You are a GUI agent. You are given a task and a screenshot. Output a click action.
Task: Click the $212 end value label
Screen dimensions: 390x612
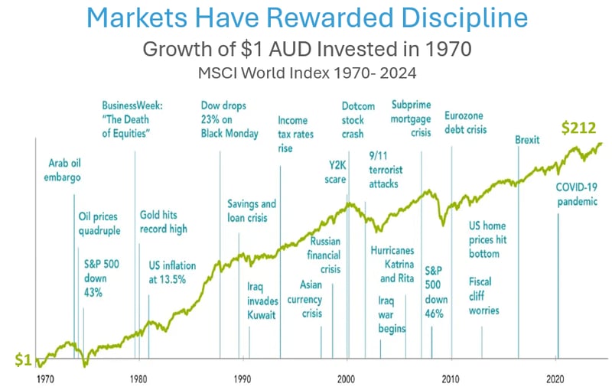[x=578, y=128]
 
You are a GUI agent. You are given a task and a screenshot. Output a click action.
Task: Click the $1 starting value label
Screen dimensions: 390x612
[x=24, y=359]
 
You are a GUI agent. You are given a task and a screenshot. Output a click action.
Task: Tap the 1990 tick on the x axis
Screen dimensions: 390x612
[x=243, y=379]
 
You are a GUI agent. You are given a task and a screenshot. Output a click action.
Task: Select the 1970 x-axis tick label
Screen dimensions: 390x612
[x=45, y=379]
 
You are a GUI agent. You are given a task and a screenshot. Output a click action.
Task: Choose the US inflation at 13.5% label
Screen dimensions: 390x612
[x=171, y=272]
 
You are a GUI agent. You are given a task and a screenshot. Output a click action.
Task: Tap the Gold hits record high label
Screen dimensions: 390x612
[x=163, y=222]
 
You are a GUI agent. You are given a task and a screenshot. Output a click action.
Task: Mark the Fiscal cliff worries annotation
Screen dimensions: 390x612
[x=483, y=295]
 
